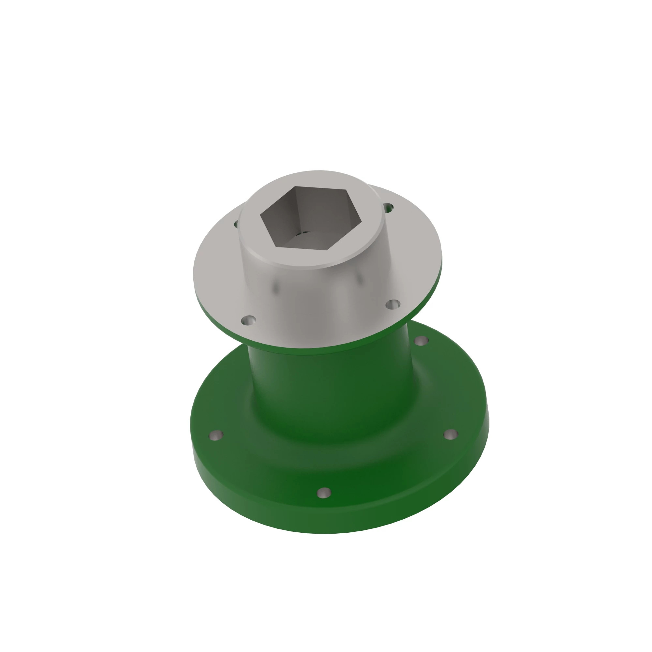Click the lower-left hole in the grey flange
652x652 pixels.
[x=249, y=320]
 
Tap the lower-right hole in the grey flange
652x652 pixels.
[x=393, y=304]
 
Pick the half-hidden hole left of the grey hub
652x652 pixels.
[x=236, y=224]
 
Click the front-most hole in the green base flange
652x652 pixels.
[x=324, y=492]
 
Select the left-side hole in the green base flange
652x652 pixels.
[x=216, y=435]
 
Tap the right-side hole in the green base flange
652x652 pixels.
[x=450, y=434]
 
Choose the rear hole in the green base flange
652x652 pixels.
[x=421, y=341]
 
